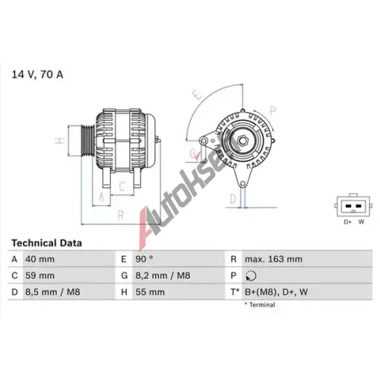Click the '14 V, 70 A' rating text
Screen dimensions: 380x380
coord(37,74)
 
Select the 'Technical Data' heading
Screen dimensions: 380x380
coord(46,243)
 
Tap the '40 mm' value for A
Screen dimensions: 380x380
coord(40,259)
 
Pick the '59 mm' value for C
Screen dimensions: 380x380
coord(40,275)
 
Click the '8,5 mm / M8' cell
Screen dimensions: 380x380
coord(52,292)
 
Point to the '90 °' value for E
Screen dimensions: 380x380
coord(144,259)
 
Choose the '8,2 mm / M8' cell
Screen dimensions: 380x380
coord(163,275)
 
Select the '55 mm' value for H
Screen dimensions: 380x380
coord(150,292)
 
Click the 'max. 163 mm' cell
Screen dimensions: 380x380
coord(274,259)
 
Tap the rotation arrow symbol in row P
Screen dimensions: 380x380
coord(251,276)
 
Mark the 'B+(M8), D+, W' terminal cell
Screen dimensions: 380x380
coord(276,292)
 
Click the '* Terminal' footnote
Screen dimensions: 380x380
coord(260,305)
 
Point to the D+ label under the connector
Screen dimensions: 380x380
coord(347,222)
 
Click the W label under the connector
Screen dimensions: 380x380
coord(361,222)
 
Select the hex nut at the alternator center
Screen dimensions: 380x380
coord(242,141)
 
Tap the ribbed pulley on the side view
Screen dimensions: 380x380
coord(87,141)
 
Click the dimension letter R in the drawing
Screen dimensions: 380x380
coord(121,215)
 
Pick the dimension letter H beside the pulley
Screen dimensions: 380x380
coord(60,141)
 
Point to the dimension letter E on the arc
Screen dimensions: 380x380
coord(197,95)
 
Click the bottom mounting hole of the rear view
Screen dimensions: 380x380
coord(242,184)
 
